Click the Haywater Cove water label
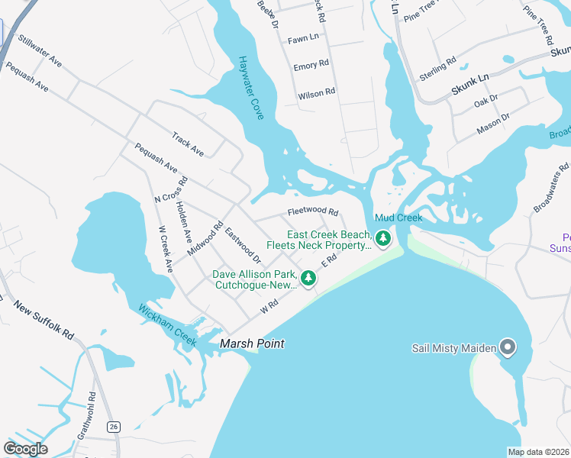250,87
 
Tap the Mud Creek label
398,218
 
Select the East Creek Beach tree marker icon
384,240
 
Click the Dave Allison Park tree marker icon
308,279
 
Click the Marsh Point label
252,344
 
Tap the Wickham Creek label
166,326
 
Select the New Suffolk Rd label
44,319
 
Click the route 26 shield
114,426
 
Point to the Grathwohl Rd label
84,417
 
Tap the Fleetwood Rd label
312,211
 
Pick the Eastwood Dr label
243,248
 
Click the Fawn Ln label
303,37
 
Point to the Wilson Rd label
316,92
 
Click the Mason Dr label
493,122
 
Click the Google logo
25,448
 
